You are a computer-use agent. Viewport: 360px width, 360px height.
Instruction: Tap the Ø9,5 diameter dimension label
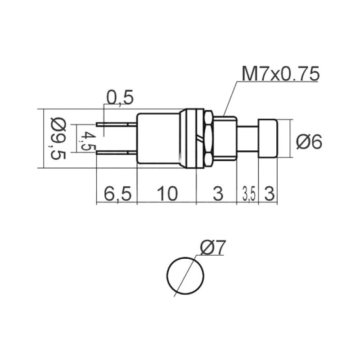tap(58, 139)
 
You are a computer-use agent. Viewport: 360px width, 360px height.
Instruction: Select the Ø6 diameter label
tap(309, 142)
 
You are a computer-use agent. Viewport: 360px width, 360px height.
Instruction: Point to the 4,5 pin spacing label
tap(85, 141)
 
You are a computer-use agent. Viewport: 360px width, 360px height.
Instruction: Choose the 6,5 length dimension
tap(117, 194)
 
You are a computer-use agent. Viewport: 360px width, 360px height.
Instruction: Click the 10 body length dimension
tap(167, 193)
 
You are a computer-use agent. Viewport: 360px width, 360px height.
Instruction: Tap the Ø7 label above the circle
tap(213, 248)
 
